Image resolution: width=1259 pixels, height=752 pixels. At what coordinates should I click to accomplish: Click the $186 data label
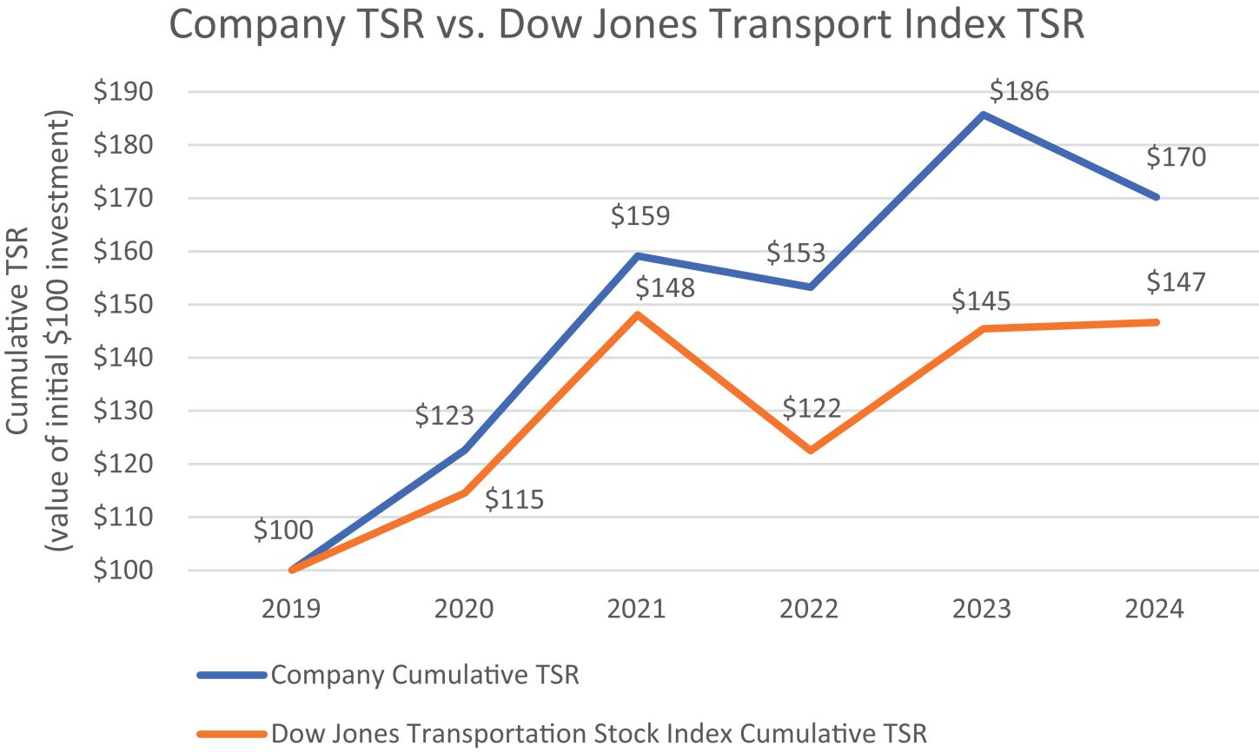(1019, 91)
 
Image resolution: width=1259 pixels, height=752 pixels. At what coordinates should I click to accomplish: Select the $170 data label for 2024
(1176, 157)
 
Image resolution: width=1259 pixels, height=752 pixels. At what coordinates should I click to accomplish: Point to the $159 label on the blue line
(640, 215)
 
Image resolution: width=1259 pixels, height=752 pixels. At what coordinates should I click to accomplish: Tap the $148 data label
(665, 287)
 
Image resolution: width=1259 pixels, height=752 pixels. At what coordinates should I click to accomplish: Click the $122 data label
(812, 408)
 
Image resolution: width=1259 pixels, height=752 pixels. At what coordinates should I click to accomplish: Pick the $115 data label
(514, 500)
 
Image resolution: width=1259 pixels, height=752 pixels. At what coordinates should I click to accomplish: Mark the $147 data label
(1176, 282)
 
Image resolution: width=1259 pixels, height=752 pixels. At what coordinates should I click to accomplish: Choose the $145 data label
(981, 301)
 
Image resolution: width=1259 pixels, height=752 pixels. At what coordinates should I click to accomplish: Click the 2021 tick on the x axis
(636, 609)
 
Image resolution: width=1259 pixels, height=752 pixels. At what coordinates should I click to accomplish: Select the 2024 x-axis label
(1154, 609)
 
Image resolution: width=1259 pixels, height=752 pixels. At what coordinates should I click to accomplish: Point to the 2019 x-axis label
(291, 609)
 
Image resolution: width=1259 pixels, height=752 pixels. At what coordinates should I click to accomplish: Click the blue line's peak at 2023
(983, 114)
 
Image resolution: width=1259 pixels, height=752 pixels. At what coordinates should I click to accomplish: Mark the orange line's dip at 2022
(811, 451)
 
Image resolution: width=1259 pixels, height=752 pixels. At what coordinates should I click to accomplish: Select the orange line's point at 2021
(637, 314)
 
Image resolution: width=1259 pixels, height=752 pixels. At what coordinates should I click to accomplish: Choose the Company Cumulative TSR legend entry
(424, 675)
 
